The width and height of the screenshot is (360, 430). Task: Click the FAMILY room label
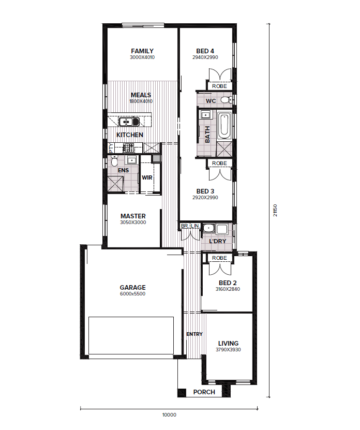(142, 51)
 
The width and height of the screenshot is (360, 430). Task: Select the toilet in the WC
(226, 100)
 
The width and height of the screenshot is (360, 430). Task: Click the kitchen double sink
(129, 122)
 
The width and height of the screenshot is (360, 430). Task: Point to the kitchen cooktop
(128, 148)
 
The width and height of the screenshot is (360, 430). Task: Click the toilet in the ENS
(114, 161)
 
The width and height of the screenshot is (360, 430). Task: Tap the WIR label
(147, 177)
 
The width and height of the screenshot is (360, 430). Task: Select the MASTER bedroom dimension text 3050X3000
(133, 223)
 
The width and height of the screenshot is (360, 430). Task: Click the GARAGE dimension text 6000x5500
(133, 294)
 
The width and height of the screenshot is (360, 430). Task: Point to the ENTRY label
(194, 334)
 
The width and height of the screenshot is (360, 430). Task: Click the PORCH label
(204, 392)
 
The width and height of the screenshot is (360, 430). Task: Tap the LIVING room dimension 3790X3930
(228, 350)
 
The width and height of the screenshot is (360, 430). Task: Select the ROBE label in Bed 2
(219, 258)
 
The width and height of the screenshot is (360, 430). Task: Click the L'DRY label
(217, 241)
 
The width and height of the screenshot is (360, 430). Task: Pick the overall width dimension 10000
(169, 415)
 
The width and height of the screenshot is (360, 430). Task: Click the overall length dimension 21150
(275, 210)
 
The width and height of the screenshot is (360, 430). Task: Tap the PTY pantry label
(111, 149)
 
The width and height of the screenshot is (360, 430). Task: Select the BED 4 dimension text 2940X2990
(205, 57)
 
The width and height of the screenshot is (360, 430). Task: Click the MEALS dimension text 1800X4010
(141, 101)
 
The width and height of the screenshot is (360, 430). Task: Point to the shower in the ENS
(115, 184)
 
